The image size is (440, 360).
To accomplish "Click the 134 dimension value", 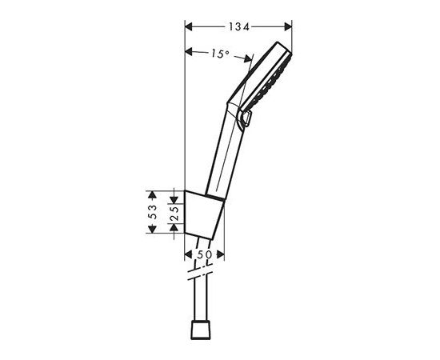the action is (x=239, y=27).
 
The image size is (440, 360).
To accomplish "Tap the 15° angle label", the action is (x=220, y=54).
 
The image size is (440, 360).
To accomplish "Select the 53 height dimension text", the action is (x=152, y=212).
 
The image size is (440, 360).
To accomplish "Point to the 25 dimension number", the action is (x=174, y=214).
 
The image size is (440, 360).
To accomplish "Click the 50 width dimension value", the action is (x=204, y=254).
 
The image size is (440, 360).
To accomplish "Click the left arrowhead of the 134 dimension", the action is (x=189, y=27).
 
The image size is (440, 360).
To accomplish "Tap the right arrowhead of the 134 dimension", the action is (x=288, y=27).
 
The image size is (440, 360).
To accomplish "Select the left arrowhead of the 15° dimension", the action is (x=189, y=52).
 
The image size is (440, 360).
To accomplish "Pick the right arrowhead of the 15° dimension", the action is (x=248, y=58).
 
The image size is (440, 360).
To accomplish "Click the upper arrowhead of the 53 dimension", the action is (x=152, y=195).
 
